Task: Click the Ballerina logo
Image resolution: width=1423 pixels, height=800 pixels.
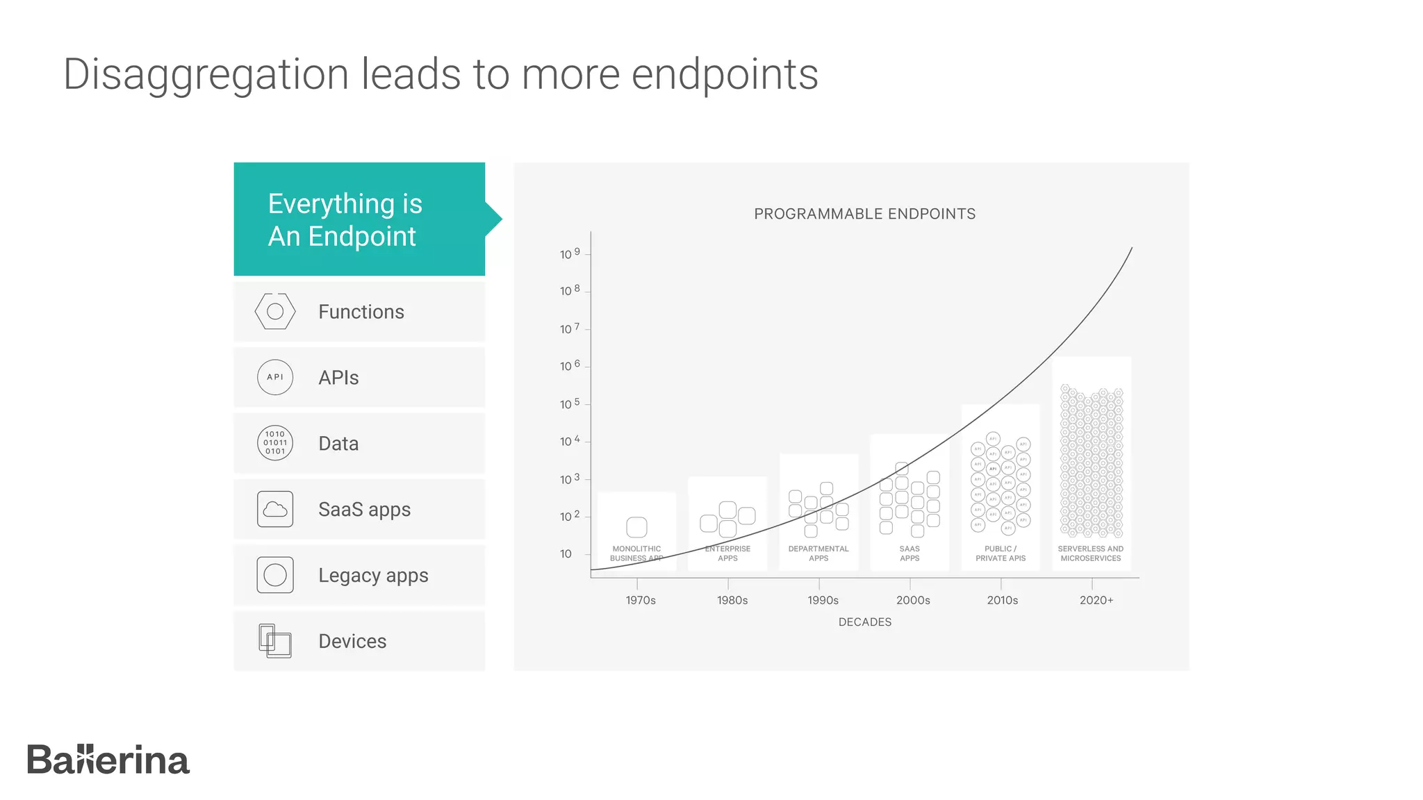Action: click(x=108, y=760)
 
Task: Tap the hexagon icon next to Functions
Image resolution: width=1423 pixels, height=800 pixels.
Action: click(x=275, y=311)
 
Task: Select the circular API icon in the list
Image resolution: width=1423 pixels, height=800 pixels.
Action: click(x=275, y=377)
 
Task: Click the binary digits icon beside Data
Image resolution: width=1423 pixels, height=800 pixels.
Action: click(x=275, y=443)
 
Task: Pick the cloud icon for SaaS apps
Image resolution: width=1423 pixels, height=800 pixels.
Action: click(x=275, y=509)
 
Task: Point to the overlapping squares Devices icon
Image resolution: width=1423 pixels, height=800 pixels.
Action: click(x=275, y=640)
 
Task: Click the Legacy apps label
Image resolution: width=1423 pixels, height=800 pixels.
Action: click(x=373, y=576)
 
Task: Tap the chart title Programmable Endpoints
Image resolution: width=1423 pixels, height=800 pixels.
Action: click(x=864, y=214)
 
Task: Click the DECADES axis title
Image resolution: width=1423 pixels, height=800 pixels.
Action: click(x=864, y=622)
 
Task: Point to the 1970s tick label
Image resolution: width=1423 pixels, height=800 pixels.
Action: click(x=640, y=600)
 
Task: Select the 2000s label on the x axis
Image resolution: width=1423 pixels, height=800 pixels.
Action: click(x=913, y=600)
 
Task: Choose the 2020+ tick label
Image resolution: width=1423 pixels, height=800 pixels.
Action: click(x=1096, y=600)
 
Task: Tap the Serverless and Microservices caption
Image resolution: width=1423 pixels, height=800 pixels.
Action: click(x=1091, y=553)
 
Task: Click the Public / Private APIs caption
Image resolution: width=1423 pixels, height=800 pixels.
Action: click(x=1001, y=553)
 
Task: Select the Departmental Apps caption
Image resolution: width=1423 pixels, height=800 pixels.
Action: click(x=819, y=553)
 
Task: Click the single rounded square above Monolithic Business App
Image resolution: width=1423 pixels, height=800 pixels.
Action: click(x=636, y=527)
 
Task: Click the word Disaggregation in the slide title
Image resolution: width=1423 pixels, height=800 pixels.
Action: click(x=206, y=74)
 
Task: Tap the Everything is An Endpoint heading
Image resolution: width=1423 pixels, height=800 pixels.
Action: click(x=345, y=219)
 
